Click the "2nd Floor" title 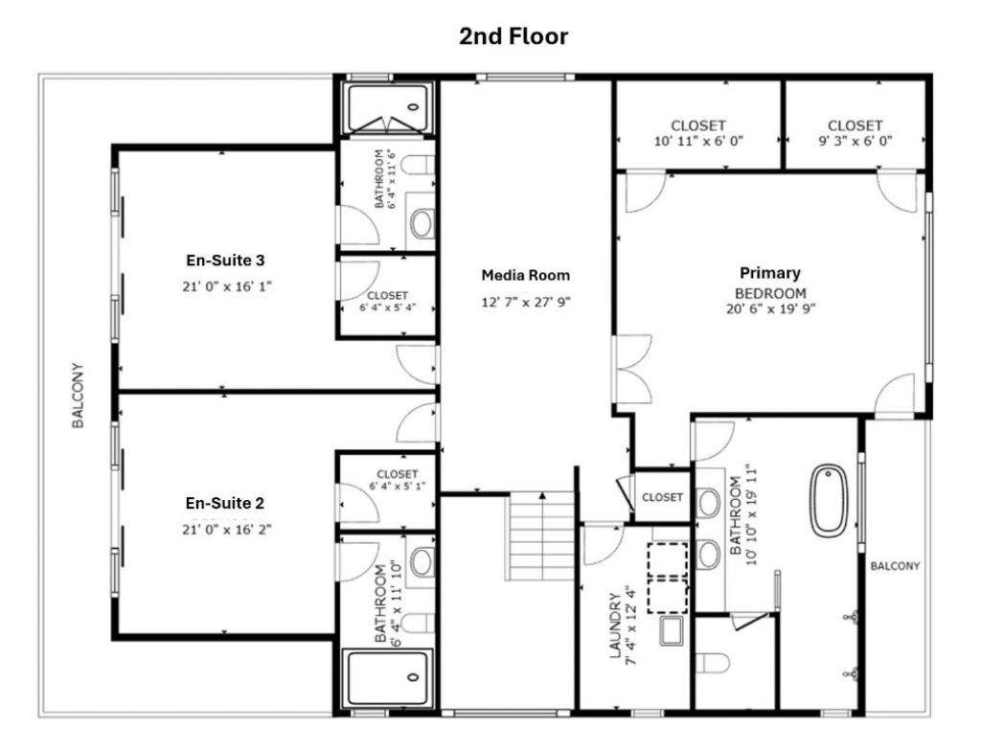(513, 36)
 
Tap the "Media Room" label (525, 276)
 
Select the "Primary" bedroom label (770, 273)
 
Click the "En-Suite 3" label (226, 260)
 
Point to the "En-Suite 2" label (226, 503)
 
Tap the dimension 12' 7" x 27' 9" (525, 303)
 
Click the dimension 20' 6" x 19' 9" (770, 308)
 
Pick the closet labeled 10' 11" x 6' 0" (698, 132)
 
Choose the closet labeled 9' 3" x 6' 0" (855, 132)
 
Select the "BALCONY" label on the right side (895, 566)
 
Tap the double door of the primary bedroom (632, 368)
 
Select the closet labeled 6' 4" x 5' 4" (387, 301)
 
